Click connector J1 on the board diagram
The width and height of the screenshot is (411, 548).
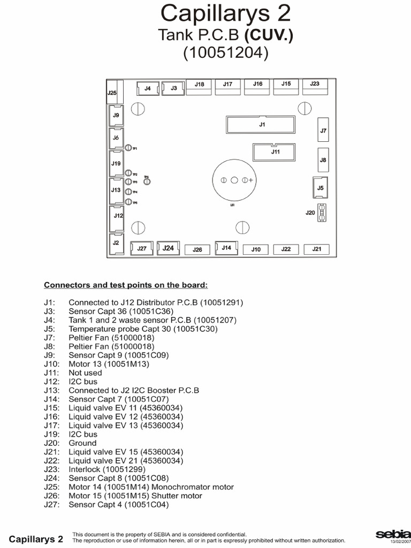[262, 125]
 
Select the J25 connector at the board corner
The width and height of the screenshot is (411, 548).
[112, 92]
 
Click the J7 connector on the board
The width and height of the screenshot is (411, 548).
[323, 130]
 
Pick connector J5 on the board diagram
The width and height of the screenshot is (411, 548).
[321, 188]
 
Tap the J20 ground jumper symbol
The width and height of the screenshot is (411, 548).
[322, 212]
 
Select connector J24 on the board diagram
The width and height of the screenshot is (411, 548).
[168, 248]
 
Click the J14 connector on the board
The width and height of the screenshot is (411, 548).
[226, 248]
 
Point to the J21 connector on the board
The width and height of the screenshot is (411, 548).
[317, 249]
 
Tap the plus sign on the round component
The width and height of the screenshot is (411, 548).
[251, 180]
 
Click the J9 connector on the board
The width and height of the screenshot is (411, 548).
[116, 116]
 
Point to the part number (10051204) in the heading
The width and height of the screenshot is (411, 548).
[225, 54]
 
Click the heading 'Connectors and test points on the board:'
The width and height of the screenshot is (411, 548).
[126, 285]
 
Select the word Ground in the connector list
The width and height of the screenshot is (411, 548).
[82, 443]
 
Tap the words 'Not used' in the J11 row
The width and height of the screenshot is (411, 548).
[85, 373]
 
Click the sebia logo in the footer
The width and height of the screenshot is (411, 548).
[393, 535]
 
